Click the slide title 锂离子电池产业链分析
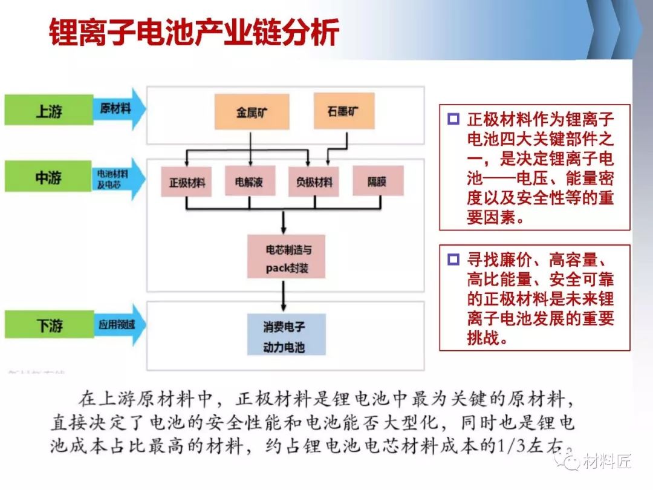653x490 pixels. pos(193,34)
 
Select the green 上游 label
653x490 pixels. pos(48,111)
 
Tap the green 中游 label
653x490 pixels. pos(48,178)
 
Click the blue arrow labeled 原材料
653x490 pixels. pos(119,109)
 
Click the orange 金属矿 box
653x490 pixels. pos(250,112)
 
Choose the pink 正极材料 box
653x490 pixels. pos(187,181)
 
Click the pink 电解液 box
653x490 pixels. pos(249,181)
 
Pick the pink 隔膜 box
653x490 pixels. pos(377,181)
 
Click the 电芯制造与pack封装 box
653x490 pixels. pos(286,257)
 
